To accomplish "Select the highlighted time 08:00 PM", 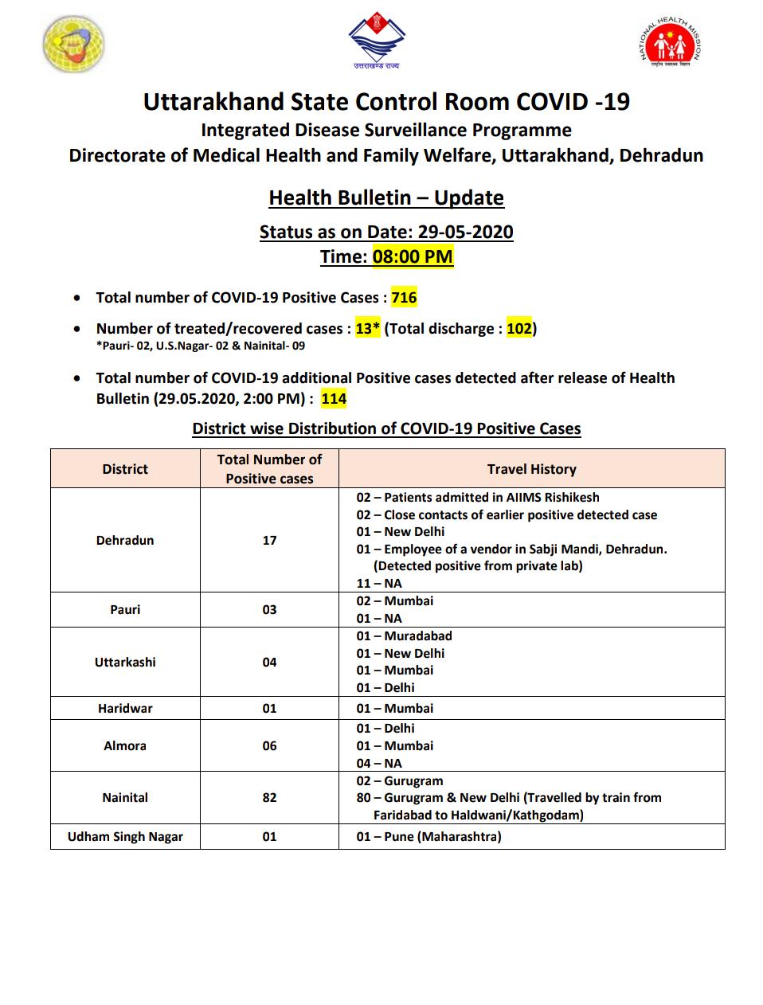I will [x=413, y=256].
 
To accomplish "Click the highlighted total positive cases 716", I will [x=404, y=298].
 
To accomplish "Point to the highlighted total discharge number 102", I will [x=519, y=328].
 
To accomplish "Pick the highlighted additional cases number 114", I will [x=334, y=398].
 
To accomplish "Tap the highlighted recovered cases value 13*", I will [x=367, y=328].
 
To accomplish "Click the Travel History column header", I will [x=531, y=469].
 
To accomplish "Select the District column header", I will [x=125, y=469].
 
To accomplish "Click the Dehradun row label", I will [x=125, y=540].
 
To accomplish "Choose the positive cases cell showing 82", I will [x=269, y=797].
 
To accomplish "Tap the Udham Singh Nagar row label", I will [x=125, y=836].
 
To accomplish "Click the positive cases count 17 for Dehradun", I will [x=269, y=540].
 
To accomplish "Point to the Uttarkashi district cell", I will [x=125, y=662].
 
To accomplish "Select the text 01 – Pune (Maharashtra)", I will [x=428, y=836].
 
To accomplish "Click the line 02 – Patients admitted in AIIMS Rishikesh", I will [x=478, y=497].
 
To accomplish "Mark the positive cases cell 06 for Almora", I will [x=269, y=745].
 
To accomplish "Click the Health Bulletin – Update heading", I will [x=386, y=197].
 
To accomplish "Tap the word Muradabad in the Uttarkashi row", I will [x=418, y=635].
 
